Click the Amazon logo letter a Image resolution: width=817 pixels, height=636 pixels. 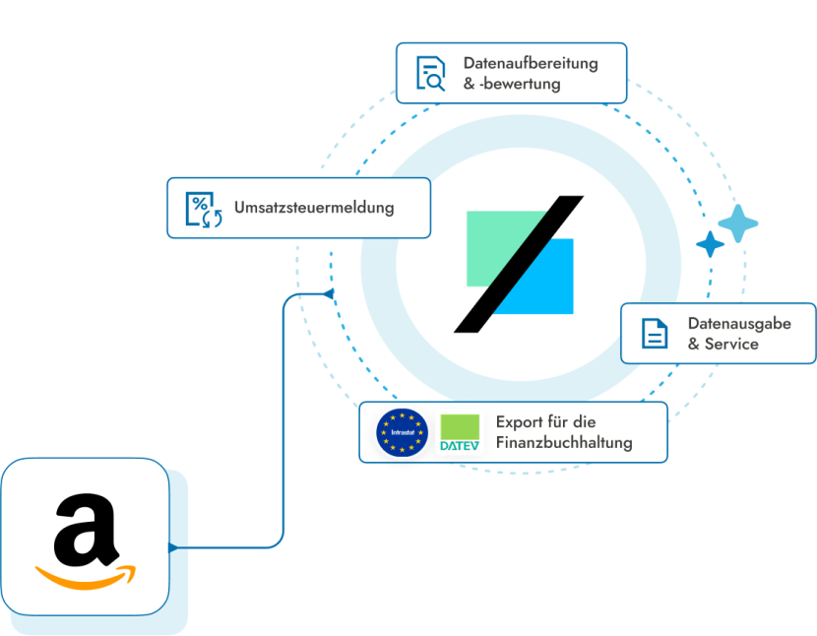click(86, 530)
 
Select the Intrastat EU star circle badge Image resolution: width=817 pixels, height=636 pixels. click(402, 432)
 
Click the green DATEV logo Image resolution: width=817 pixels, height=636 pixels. click(460, 432)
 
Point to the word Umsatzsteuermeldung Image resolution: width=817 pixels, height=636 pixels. click(314, 208)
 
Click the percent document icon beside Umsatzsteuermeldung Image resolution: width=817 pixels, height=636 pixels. click(204, 210)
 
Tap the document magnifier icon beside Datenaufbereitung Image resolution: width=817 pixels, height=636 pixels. click(431, 74)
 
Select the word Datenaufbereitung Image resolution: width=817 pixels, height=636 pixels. click(531, 63)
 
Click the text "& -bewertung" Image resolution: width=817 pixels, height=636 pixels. click(512, 84)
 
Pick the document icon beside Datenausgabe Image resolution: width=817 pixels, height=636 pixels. click(655, 333)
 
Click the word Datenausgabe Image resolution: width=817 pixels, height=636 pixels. click(739, 324)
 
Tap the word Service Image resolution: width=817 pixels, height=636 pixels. click(731, 344)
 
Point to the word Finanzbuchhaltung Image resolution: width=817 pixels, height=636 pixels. click(564, 443)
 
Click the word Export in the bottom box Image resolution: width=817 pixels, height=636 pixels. click(520, 422)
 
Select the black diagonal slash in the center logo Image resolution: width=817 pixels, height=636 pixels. click(519, 264)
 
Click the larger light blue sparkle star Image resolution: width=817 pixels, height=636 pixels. click(738, 223)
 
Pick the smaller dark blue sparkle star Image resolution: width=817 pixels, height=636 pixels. click(710, 244)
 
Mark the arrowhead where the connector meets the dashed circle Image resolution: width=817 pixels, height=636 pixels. click(328, 294)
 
